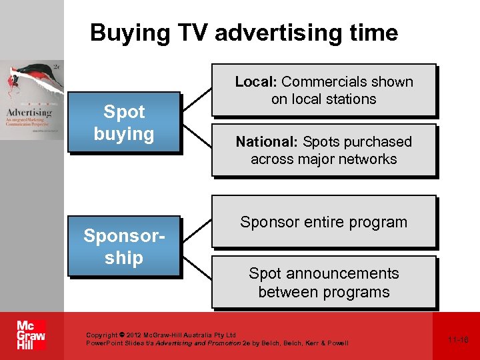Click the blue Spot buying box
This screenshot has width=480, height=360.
coord(124,123)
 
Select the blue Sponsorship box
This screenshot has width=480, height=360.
coord(124,246)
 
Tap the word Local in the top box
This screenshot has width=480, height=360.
coord(254,82)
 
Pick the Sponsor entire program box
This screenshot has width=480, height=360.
coord(324,222)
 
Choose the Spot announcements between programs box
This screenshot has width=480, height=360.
coord(324,283)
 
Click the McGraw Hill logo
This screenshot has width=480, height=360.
coord(31,335)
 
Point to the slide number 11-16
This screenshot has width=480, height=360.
coord(458,339)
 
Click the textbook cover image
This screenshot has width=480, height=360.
coord(31,100)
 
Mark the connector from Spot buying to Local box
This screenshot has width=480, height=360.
coord(197,99)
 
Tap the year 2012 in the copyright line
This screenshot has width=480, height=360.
coord(134,335)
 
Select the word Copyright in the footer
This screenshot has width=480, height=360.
coord(101,335)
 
